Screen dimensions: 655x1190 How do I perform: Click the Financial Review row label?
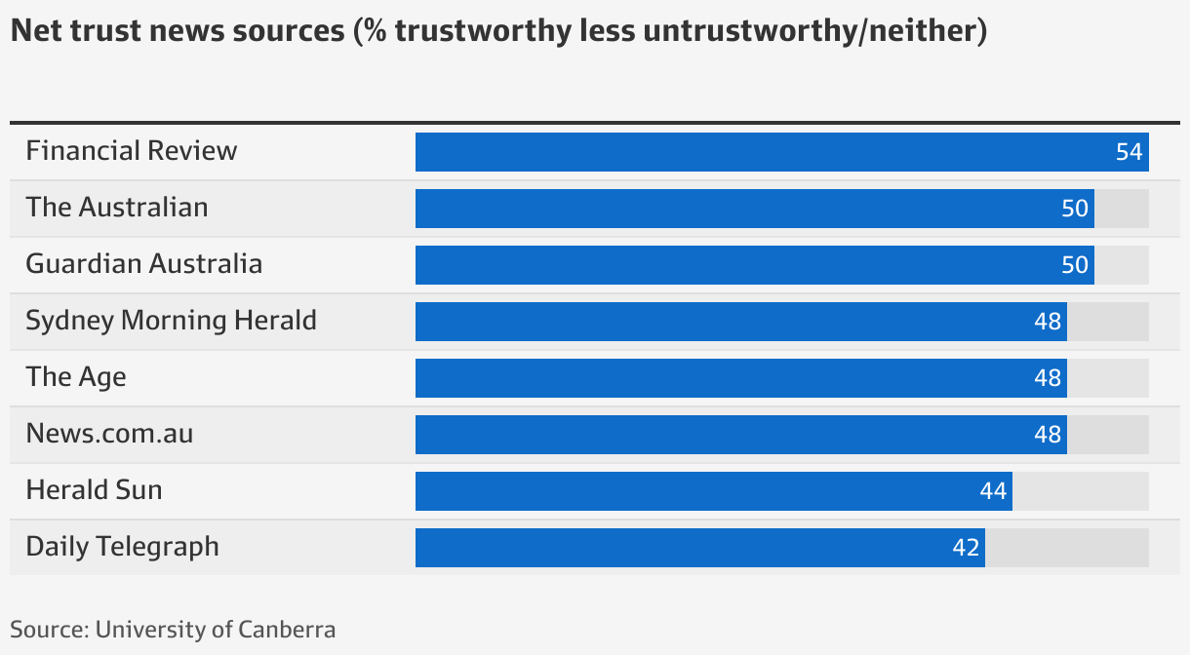(132, 151)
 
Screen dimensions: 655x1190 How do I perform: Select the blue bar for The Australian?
(754, 209)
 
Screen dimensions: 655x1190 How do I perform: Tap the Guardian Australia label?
(143, 264)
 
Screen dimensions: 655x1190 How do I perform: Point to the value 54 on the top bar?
(1129, 152)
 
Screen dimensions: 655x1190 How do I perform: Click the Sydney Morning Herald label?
(171, 321)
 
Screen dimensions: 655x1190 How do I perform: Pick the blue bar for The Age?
(740, 378)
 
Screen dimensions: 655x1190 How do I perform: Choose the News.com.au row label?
(109, 434)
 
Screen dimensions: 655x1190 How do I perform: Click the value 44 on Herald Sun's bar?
(993, 491)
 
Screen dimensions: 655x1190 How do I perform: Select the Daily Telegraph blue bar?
(699, 548)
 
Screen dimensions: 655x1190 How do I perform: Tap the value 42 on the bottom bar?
(966, 548)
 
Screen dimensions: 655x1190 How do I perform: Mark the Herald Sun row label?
(94, 490)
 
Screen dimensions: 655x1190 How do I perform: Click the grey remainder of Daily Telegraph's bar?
(1066, 548)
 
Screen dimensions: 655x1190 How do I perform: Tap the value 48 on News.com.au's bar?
(1048, 435)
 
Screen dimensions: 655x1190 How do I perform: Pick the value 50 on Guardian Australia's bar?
(1075, 265)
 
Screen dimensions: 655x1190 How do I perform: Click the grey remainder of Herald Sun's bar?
(1080, 491)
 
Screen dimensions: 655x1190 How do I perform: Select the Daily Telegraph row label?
(122, 547)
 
